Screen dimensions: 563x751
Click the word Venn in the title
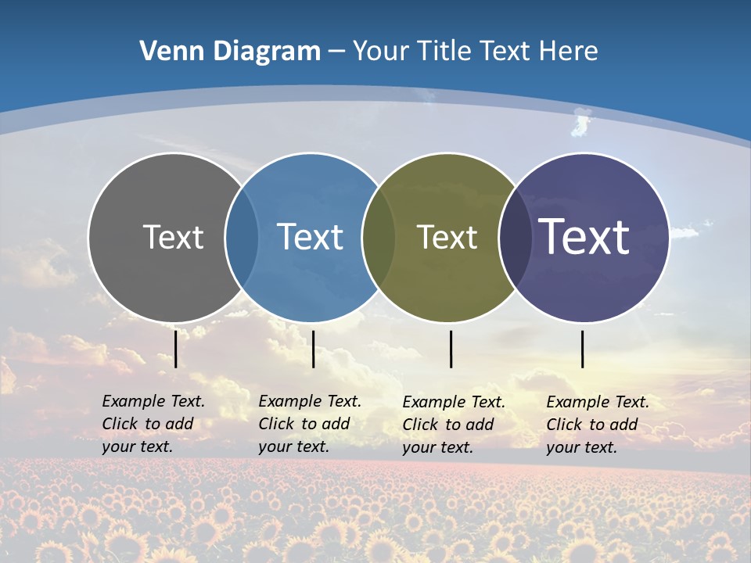point(166,52)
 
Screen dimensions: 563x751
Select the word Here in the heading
point(569,52)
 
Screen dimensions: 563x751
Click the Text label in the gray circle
point(173,237)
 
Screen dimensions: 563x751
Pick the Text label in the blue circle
point(311,237)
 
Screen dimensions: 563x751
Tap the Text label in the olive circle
point(447,237)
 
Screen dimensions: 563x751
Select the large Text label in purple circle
point(584,237)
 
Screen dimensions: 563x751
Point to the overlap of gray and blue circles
point(242,237)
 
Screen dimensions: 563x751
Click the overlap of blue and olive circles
point(379,237)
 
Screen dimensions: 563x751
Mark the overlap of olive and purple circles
point(515,237)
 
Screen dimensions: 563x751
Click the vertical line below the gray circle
point(176,349)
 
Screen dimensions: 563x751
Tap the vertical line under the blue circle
point(313,349)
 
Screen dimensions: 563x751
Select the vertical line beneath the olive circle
point(451,349)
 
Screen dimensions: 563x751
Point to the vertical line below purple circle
point(583,349)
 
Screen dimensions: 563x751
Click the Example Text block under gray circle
point(153,424)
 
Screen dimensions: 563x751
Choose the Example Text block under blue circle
point(310,424)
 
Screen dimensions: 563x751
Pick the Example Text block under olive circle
point(454,425)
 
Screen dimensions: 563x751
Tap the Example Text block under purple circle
point(598,425)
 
